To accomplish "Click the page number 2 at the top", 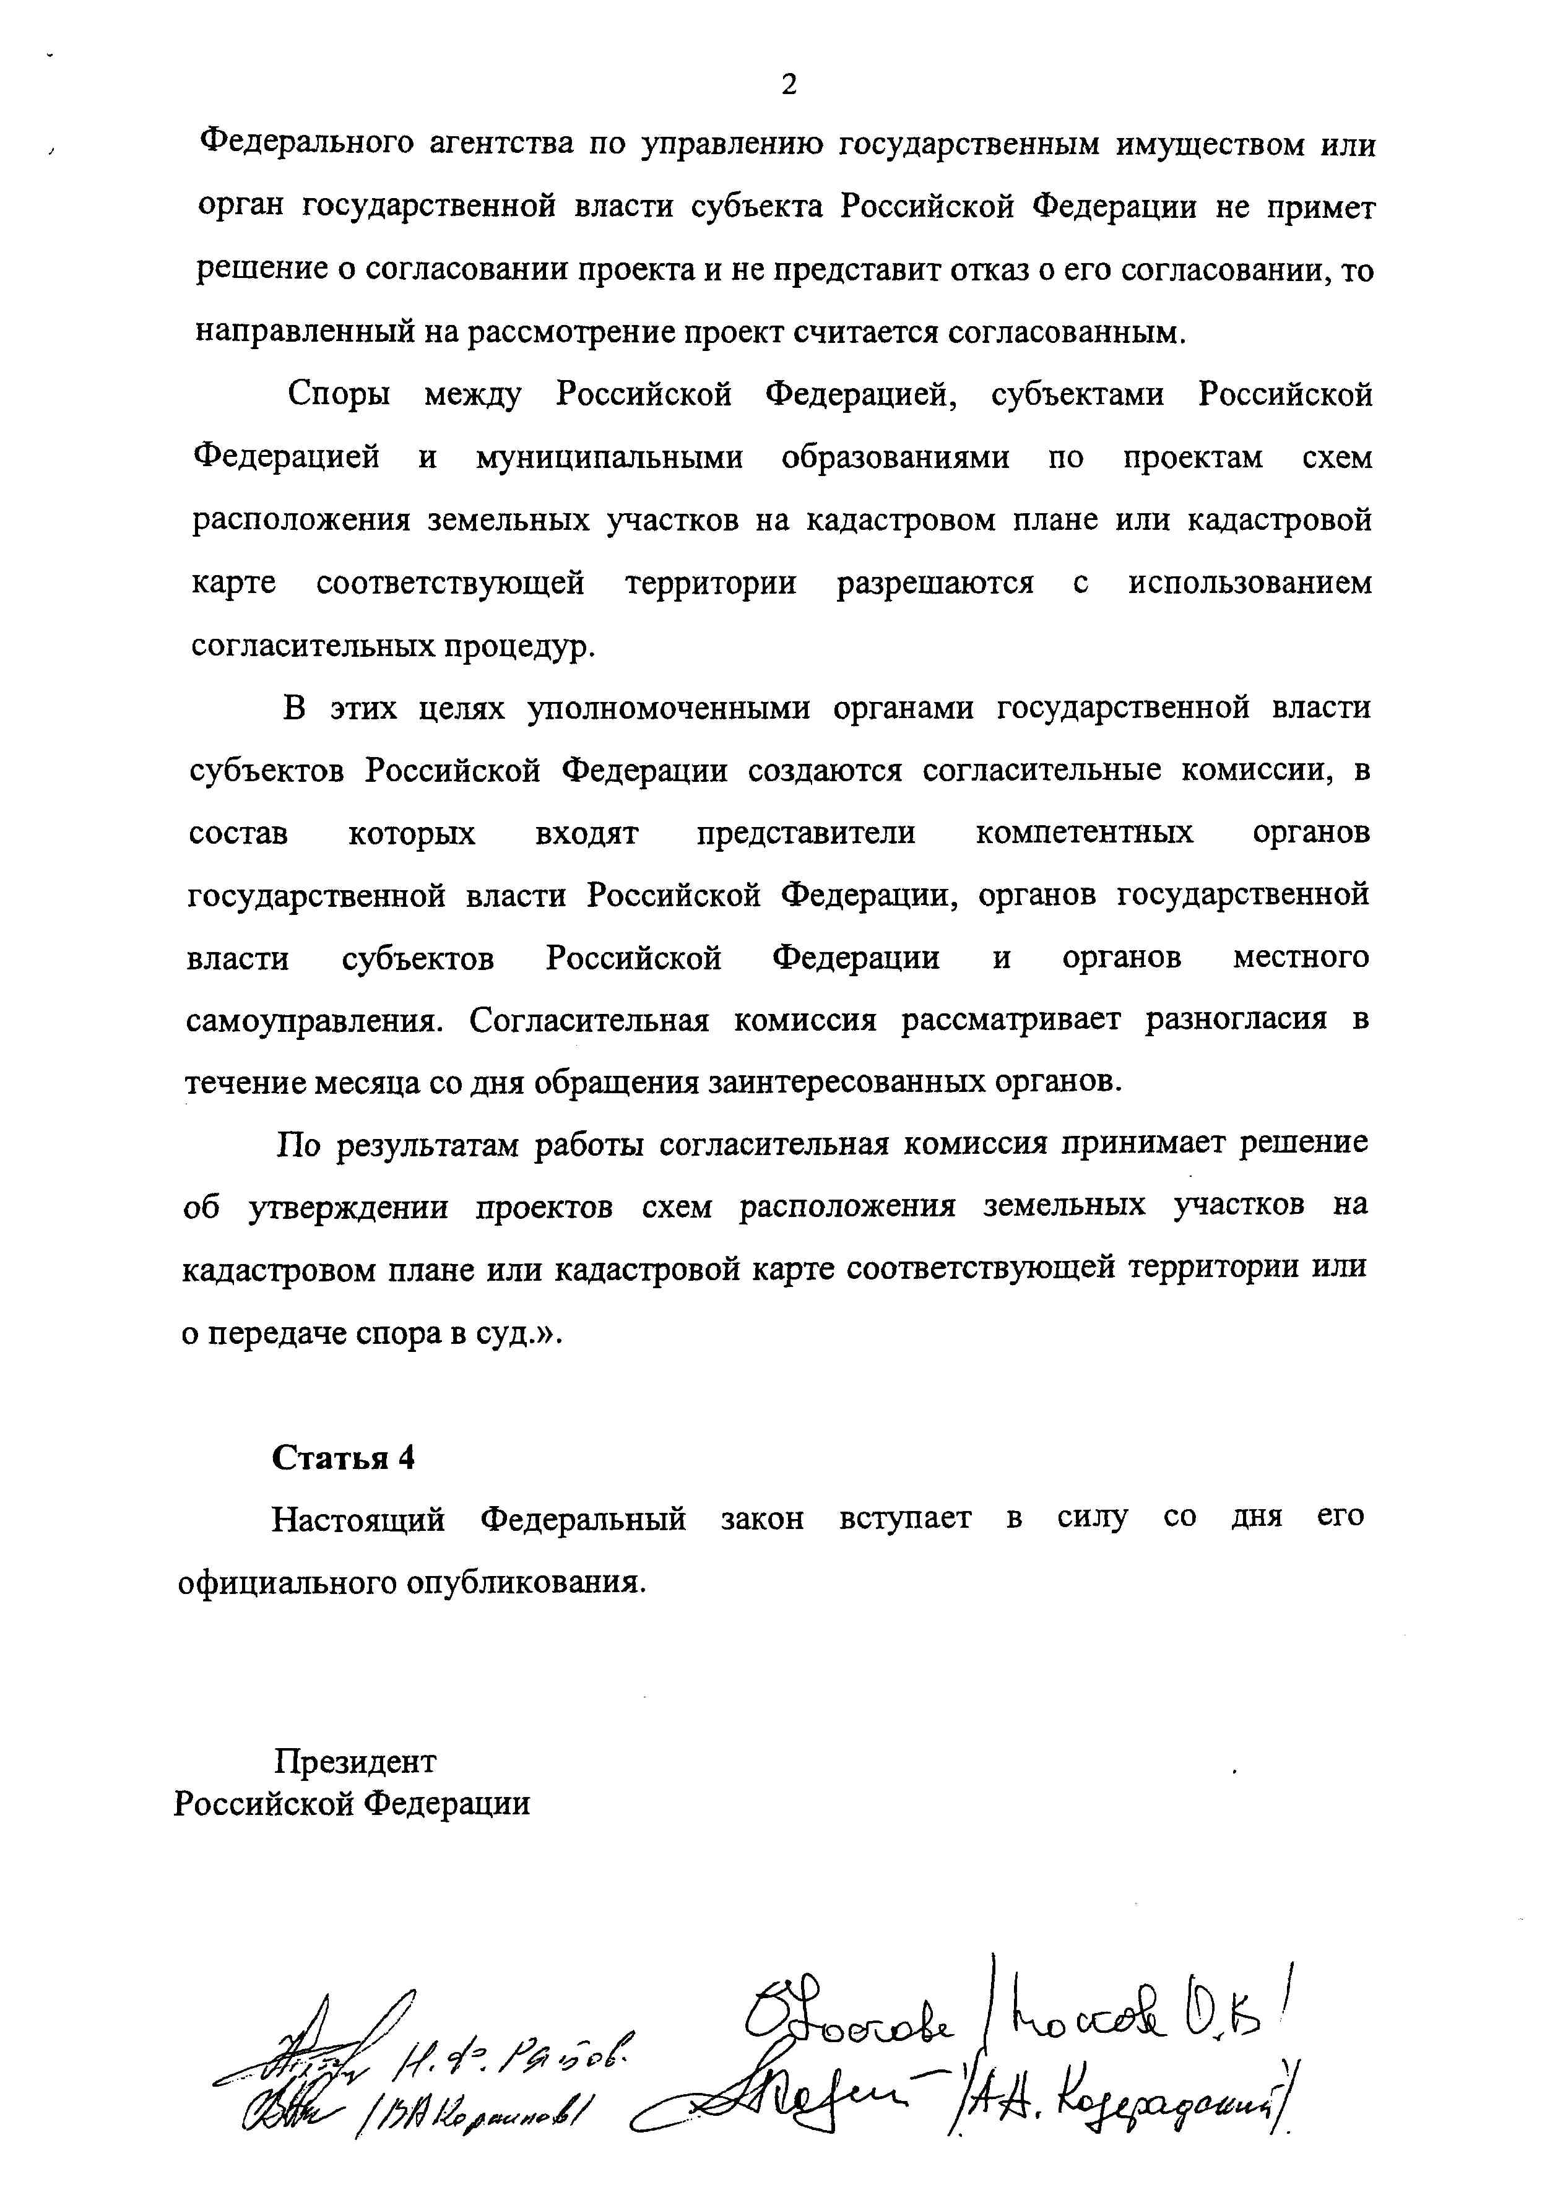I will [x=789, y=86].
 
